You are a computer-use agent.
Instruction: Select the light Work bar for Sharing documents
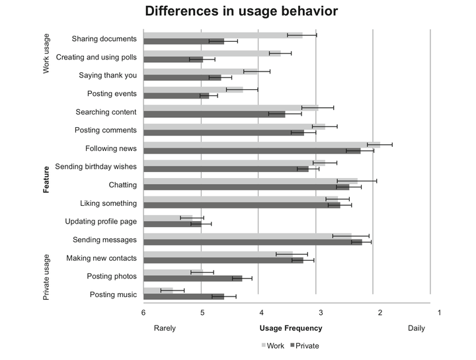pos(223,35)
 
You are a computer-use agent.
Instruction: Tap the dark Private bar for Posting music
pos(184,296)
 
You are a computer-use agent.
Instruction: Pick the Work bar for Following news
pos(262,144)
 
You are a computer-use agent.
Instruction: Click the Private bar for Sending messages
pos(253,242)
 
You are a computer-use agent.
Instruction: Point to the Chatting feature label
pos(122,185)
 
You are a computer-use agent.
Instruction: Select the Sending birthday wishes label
pos(96,166)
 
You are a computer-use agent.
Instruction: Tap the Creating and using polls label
pos(97,57)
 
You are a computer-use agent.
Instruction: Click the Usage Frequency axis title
pos(291,328)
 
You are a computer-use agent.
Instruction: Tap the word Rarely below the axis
pos(165,328)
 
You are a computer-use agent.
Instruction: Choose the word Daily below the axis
pos(416,328)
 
